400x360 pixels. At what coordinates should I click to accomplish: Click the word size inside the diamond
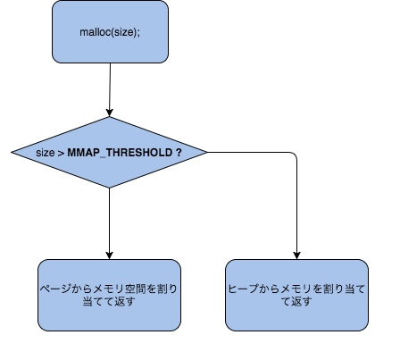(x=45, y=153)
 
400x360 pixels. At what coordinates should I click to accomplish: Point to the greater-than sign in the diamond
(x=62, y=153)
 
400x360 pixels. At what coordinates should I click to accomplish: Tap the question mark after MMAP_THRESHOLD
(x=179, y=153)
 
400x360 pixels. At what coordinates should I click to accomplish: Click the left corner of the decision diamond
(x=12, y=153)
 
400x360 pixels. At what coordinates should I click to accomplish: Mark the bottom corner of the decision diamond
(x=109, y=188)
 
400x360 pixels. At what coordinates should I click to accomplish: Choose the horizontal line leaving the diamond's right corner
(x=250, y=153)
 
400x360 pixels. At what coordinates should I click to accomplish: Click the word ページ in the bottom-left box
(x=54, y=290)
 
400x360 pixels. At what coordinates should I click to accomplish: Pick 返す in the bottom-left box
(x=121, y=303)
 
